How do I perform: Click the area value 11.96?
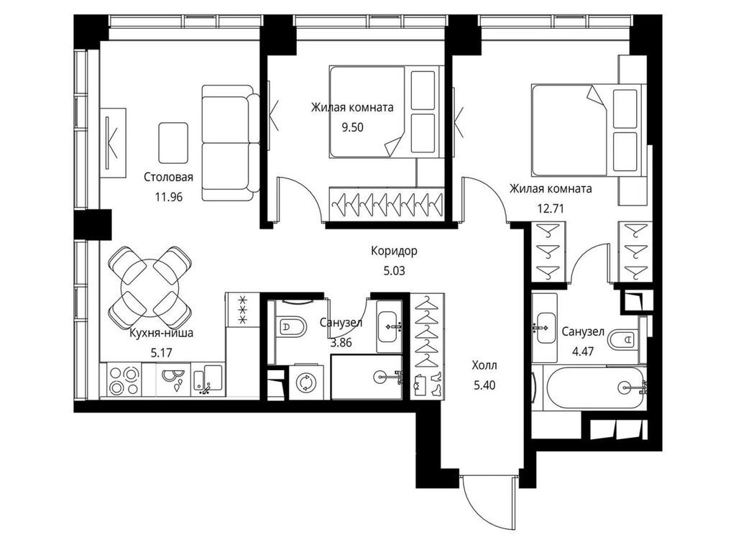tap(168, 197)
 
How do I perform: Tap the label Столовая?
tap(168, 178)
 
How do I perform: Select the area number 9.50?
tap(352, 127)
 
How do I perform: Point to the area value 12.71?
tap(551, 208)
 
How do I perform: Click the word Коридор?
tap(394, 251)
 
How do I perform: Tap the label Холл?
tap(484, 365)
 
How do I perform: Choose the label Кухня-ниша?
tap(162, 333)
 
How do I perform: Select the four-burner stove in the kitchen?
tap(124, 380)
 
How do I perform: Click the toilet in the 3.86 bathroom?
tap(290, 326)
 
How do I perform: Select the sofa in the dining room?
tap(231, 143)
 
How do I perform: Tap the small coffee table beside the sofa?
tap(173, 143)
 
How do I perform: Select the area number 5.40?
tap(484, 385)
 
